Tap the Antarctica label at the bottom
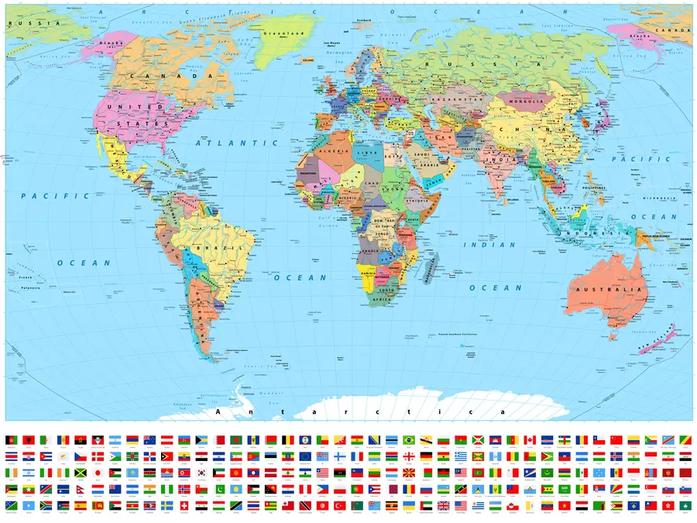pos(360,412)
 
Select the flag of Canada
pos(530,440)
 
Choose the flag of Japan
pos(98,473)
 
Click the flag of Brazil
pos(408,440)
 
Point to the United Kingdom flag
pos(443,505)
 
